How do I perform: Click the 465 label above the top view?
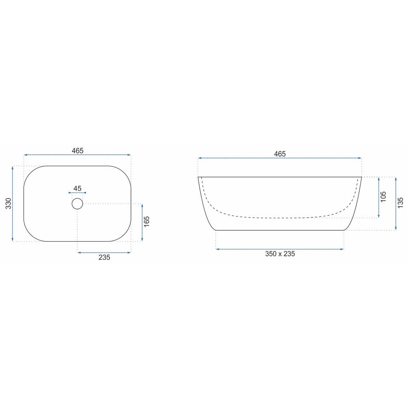[78, 151]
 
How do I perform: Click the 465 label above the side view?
[280, 154]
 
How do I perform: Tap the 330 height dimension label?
[9, 203]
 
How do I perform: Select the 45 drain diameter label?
[77, 188]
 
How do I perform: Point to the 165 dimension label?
[147, 221]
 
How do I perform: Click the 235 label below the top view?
[104, 257]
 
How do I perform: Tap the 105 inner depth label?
[383, 197]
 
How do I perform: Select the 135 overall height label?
[400, 203]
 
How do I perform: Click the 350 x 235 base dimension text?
[280, 254]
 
